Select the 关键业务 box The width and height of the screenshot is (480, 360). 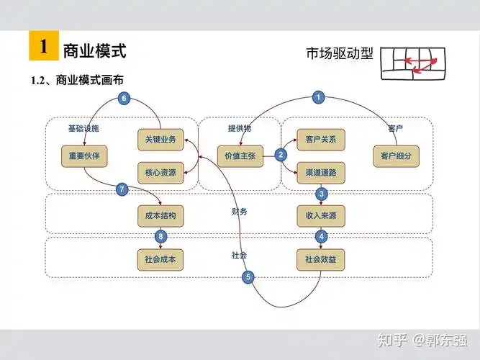point(160,139)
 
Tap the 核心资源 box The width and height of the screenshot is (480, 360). point(160,173)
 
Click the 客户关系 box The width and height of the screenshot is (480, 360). point(320,139)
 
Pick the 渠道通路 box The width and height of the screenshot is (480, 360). point(320,173)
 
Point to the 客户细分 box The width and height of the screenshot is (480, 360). point(396,156)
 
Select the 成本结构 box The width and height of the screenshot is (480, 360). point(160,215)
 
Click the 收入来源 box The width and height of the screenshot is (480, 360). point(320,215)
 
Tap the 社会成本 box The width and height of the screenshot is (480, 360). point(160,258)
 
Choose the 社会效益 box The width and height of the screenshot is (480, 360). point(320,258)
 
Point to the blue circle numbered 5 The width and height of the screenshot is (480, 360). point(248,276)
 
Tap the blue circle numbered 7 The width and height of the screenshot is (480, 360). point(122,190)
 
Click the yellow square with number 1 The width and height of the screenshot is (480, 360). point(43,47)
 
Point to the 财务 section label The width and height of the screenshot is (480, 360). point(240,212)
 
